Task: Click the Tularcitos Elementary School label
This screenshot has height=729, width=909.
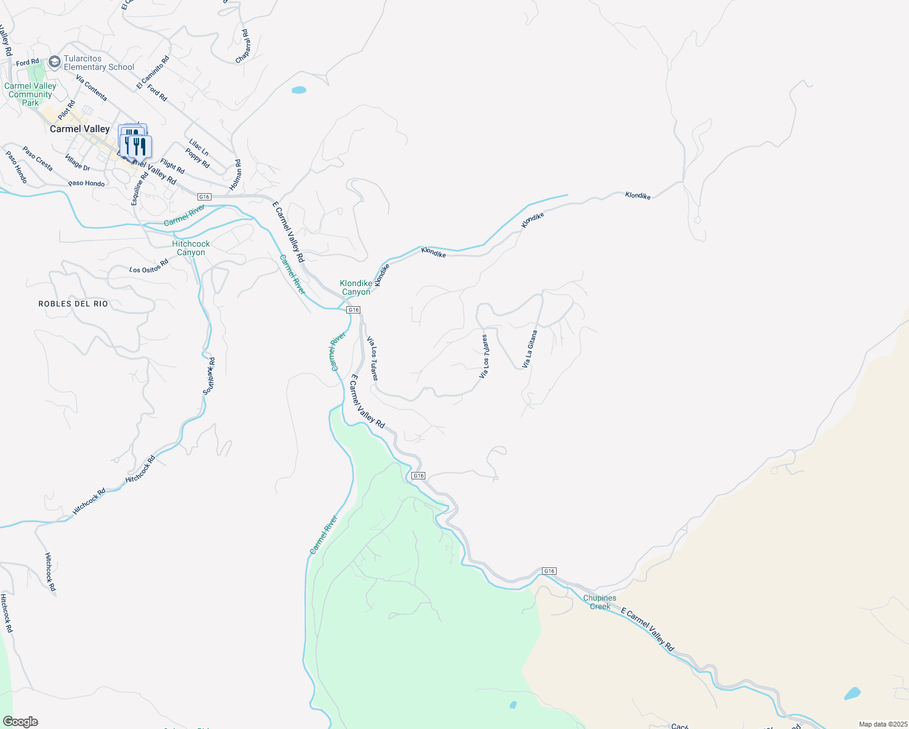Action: point(98,63)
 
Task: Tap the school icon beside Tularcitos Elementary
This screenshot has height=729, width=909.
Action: point(55,61)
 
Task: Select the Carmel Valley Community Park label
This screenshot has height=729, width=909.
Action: point(30,94)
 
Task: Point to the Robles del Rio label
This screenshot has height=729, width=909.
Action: point(73,304)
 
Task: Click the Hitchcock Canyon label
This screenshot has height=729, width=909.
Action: point(191,248)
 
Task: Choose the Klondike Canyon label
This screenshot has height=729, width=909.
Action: point(355,287)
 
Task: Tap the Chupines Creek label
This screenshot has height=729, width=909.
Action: point(600,602)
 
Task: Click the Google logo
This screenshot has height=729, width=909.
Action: point(21,722)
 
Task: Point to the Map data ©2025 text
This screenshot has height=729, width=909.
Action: point(883,724)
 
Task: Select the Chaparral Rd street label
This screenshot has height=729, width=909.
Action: point(243,46)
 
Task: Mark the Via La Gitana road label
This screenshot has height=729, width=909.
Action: point(530,349)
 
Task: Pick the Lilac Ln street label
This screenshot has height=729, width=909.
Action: point(199,147)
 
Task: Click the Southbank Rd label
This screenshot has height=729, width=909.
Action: point(209,376)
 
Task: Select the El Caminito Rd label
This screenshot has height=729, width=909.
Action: point(153,72)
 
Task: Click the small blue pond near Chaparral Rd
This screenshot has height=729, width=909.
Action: point(299,91)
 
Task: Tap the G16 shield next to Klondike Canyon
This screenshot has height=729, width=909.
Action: point(354,310)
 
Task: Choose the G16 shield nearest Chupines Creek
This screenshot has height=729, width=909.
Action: point(549,571)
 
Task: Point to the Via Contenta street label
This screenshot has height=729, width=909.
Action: point(92,88)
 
